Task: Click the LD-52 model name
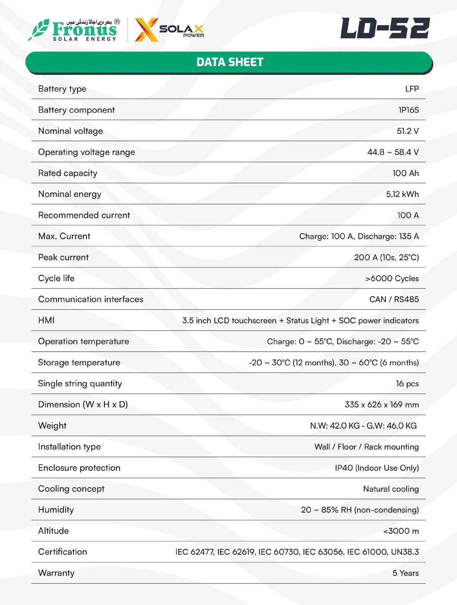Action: [385, 28]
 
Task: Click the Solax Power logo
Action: [170, 30]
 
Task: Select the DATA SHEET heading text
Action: [230, 62]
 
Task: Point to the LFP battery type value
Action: [412, 89]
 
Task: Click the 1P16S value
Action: [408, 110]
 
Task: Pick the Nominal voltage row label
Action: [70, 131]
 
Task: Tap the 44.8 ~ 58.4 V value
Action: [393, 152]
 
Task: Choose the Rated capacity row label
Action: [68, 173]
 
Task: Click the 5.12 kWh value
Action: [402, 194]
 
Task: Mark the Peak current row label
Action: [63, 258]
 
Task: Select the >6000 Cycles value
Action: [392, 278]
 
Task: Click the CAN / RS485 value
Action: [394, 299]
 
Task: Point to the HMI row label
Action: [46, 320]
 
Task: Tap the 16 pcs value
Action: [407, 384]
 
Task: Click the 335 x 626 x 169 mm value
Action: [381, 405]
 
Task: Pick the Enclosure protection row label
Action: [79, 468]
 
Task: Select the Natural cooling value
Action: [391, 489]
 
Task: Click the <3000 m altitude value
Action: [401, 531]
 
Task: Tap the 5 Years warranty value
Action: [405, 573]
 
